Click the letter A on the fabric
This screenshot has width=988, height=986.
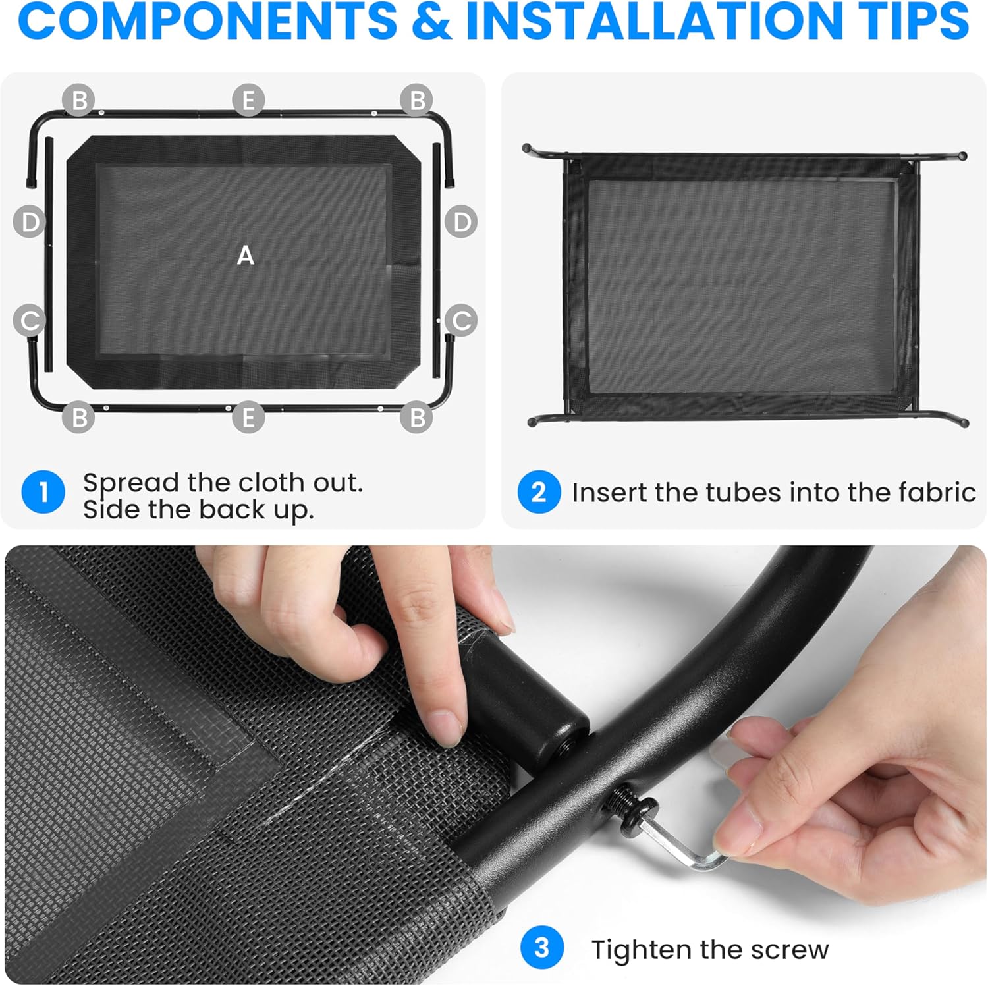(246, 256)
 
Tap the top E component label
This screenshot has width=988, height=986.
(248, 100)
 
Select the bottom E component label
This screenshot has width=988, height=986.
(248, 418)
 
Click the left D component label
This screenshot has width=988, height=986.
(30, 221)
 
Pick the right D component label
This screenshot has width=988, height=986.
(461, 221)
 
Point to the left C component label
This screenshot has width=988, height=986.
(30, 321)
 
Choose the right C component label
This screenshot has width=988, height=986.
(461, 321)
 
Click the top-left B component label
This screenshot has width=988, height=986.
(79, 100)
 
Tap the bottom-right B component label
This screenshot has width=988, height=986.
(416, 418)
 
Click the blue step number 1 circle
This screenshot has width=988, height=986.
(43, 492)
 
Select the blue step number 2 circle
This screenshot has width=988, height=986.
(539, 492)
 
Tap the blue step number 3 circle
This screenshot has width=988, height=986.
(541, 948)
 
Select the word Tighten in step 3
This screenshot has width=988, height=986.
(642, 950)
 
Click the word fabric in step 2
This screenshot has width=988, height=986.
(937, 492)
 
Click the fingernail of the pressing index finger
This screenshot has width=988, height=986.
(448, 728)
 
